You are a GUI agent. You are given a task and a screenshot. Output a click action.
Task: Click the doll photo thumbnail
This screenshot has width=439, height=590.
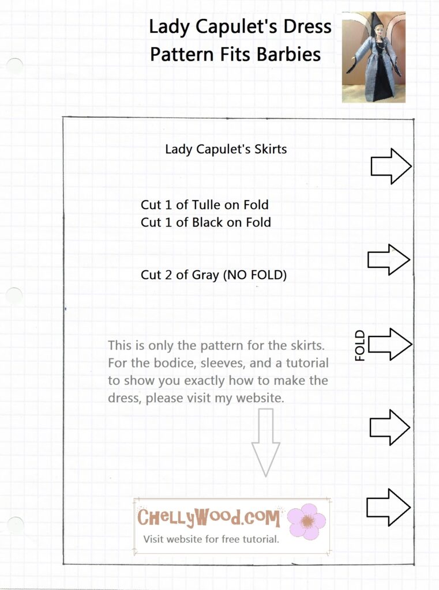point(373,57)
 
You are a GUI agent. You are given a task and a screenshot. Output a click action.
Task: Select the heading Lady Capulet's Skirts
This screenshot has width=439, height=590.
point(226,149)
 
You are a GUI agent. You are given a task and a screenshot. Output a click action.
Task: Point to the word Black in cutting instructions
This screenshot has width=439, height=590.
point(210,222)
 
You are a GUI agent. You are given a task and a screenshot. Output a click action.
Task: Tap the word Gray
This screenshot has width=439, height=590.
point(205,275)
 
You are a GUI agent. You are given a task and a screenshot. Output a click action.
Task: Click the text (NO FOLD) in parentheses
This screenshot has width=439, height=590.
point(255,275)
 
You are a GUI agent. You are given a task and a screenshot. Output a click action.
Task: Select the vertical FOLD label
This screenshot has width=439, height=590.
point(360,345)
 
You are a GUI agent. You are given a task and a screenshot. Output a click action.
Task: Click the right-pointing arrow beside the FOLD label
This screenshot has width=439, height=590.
point(390,345)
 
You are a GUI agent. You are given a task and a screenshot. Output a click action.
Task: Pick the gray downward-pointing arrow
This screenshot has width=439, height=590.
point(265,441)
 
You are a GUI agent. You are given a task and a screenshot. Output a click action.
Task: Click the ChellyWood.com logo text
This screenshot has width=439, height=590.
point(209,517)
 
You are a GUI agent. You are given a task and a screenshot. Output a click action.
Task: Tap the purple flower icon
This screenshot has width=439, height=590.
point(306,521)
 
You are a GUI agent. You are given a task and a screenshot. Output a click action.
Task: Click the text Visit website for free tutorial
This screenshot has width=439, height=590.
point(211,540)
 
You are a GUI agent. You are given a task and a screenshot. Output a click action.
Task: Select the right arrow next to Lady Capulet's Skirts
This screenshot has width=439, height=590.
point(391,167)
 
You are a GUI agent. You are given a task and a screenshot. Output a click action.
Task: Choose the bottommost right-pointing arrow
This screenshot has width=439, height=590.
point(388,507)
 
